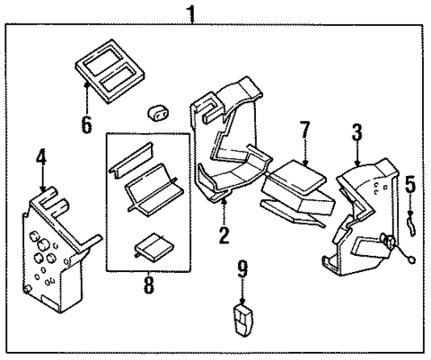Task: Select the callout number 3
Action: tap(356, 133)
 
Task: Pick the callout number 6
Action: tap(86, 123)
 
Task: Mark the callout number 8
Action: tap(148, 286)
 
